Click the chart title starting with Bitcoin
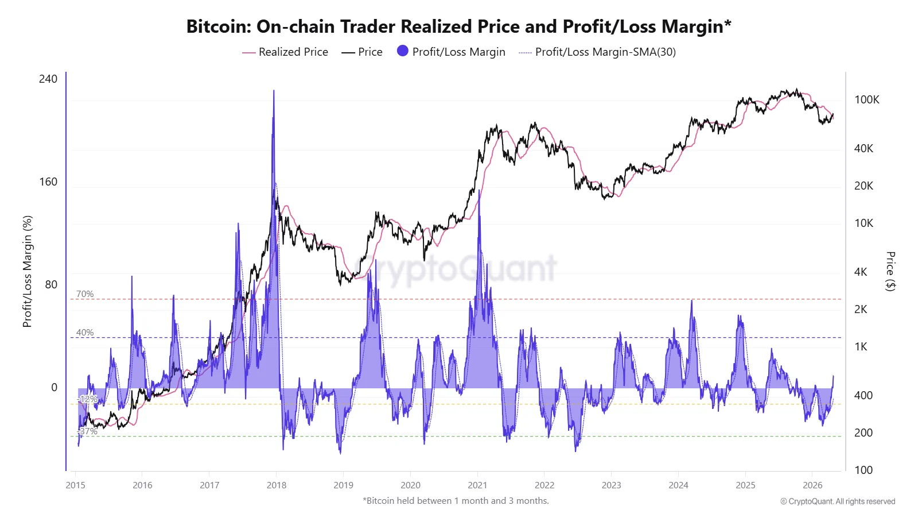[458, 26]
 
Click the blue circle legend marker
[403, 51]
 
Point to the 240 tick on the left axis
[48, 79]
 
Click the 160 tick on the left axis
[48, 182]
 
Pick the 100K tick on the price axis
[866, 99]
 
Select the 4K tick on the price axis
[861, 272]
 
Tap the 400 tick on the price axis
[863, 395]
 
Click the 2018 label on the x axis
[277, 485]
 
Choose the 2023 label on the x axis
[611, 485]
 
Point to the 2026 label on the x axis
[812, 485]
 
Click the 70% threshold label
[85, 294]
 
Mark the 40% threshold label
[85, 333]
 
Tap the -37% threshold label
[88, 431]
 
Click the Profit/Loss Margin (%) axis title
[27, 271]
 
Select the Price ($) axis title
[890, 271]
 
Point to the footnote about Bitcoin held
[456, 500]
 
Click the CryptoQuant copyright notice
[837, 501]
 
